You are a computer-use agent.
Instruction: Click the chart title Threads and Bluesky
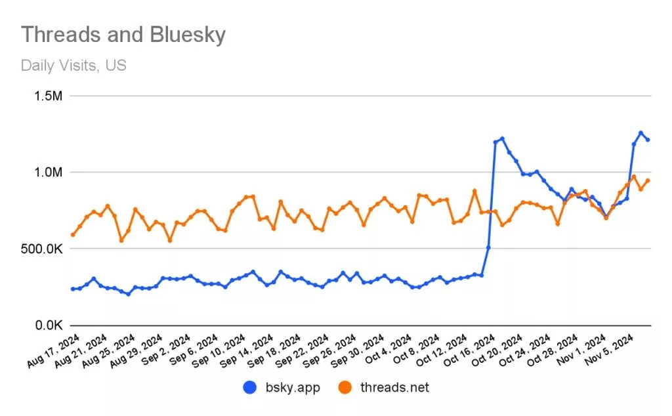point(123,35)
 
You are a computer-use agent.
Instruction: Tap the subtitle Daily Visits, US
point(73,66)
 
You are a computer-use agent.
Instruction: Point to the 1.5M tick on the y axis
point(47,96)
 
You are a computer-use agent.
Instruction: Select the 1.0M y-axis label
point(47,173)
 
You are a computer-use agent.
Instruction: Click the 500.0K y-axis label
point(41,249)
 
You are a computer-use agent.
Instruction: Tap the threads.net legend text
point(395,388)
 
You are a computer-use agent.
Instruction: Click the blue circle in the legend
point(249,388)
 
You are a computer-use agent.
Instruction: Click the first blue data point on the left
point(72,289)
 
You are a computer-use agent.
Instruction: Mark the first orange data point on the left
point(72,235)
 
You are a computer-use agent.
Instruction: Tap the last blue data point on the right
point(648,140)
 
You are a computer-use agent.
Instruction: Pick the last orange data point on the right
point(648,180)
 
